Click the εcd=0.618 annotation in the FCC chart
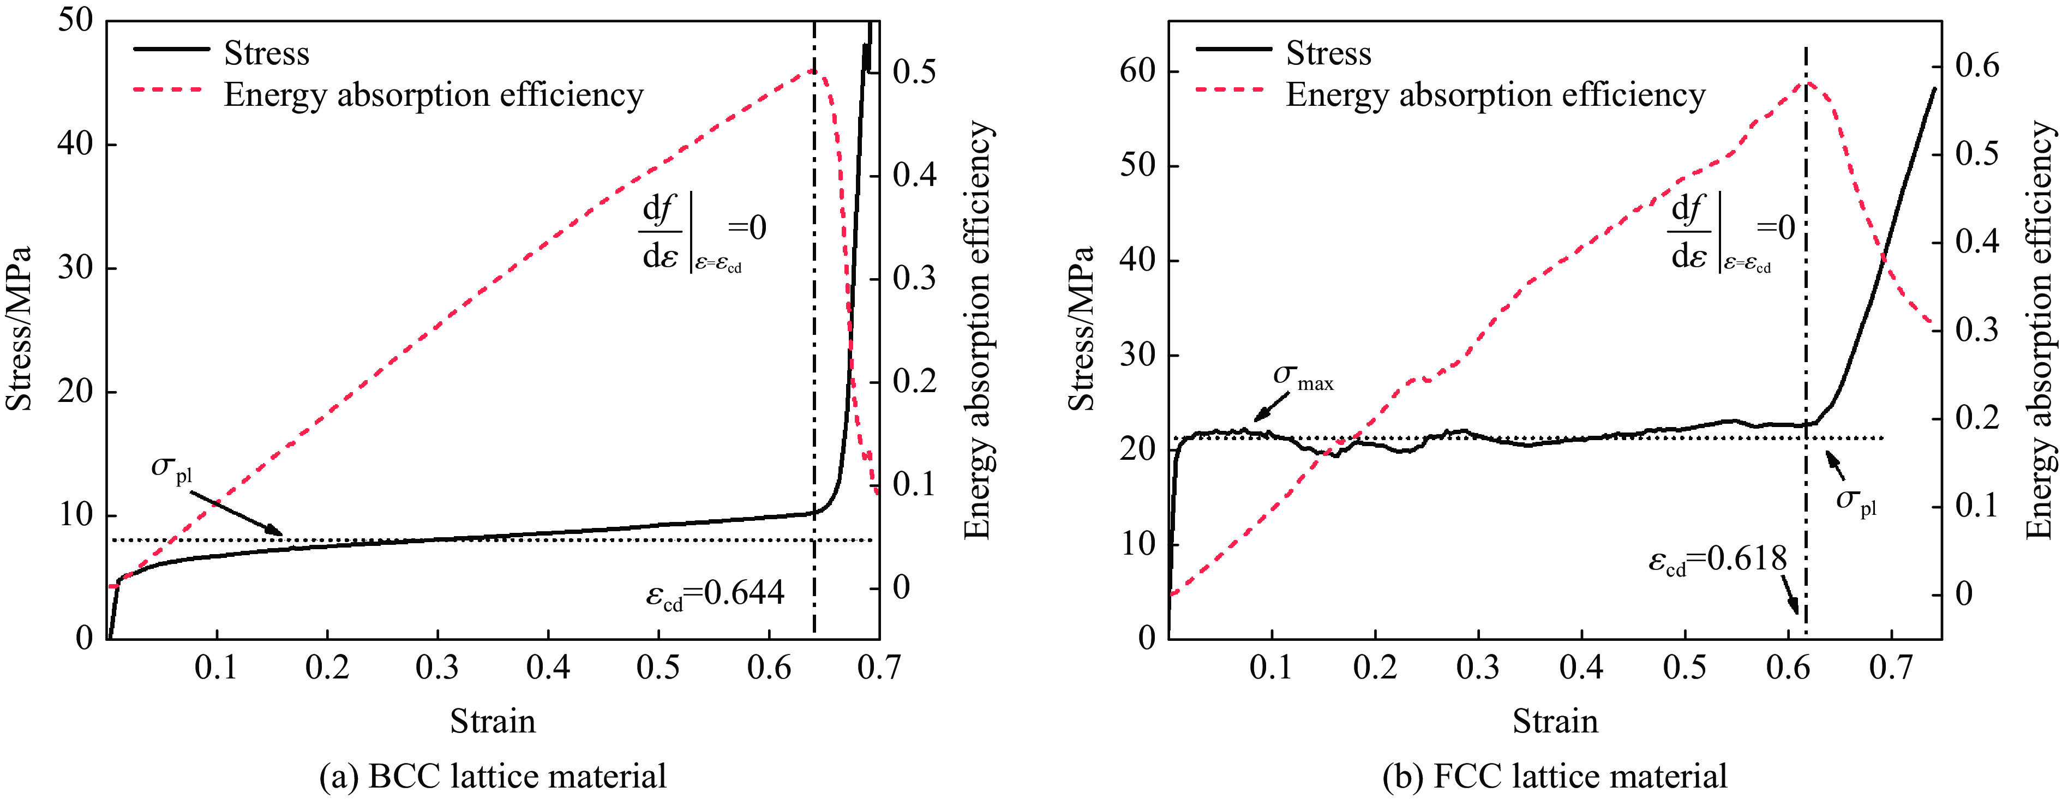pos(1717,560)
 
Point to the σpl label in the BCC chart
pos(172,468)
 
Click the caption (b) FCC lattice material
pos(1555,776)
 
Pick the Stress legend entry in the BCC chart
pos(266,53)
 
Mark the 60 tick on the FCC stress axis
pos(1137,71)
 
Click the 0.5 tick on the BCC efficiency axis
pos(914,72)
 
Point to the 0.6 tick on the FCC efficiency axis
pos(1976,65)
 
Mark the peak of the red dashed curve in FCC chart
pos(1806,82)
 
